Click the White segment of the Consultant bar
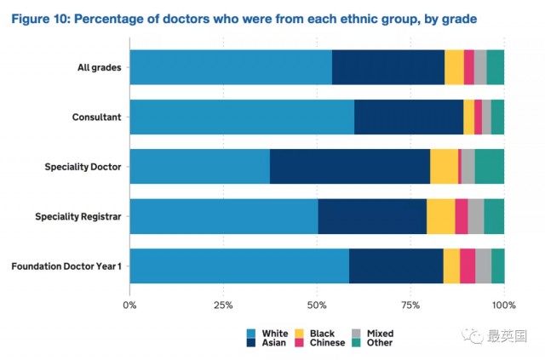click(242, 117)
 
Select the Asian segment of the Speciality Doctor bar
click(350, 166)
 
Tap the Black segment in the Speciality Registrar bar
click(440, 216)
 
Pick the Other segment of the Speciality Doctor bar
click(489, 166)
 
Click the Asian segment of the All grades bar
click(387, 67)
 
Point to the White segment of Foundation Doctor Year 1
click(239, 266)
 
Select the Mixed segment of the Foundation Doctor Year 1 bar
click(483, 266)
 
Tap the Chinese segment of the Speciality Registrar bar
click(461, 216)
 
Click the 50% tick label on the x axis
click(317, 304)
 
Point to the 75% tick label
click(410, 304)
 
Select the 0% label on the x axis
click(130, 304)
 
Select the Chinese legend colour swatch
click(298, 343)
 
